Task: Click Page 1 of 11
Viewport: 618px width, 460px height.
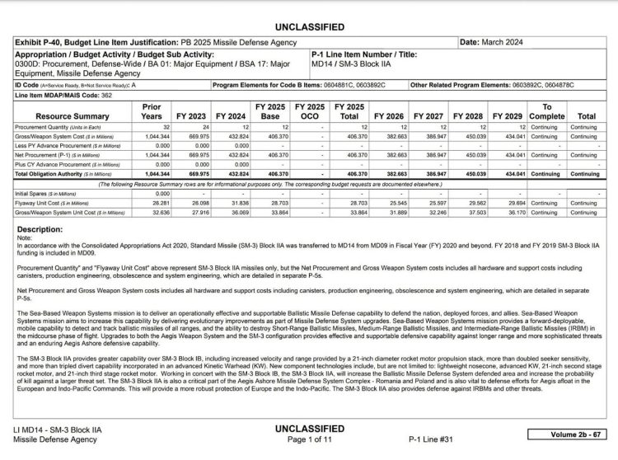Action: pyautogui.click(x=309, y=439)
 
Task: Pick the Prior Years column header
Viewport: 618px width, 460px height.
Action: pyautogui.click(x=152, y=112)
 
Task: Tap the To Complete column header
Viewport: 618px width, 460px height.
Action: pyautogui.click(x=546, y=112)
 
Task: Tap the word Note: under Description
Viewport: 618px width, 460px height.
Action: pyautogui.click(x=25, y=237)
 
